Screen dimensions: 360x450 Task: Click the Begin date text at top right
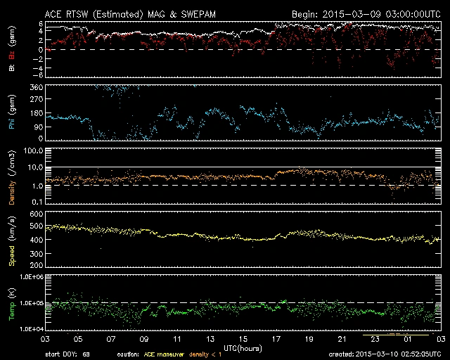366,14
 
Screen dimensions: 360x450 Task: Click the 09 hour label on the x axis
144,338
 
